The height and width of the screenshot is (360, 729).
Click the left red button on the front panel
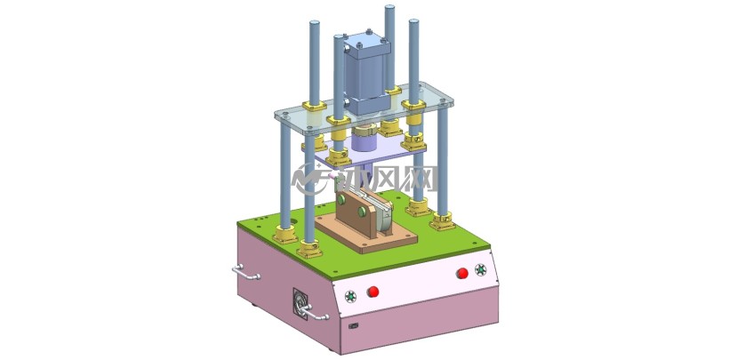[373, 292]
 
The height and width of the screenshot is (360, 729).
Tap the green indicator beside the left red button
[350, 296]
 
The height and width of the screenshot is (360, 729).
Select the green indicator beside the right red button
[480, 269]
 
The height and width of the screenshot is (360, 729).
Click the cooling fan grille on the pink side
[300, 304]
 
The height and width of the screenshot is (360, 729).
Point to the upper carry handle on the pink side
[245, 273]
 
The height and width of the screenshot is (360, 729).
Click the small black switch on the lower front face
[353, 325]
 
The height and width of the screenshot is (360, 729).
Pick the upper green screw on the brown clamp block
[341, 199]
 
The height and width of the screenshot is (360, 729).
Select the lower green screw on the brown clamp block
[362, 212]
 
